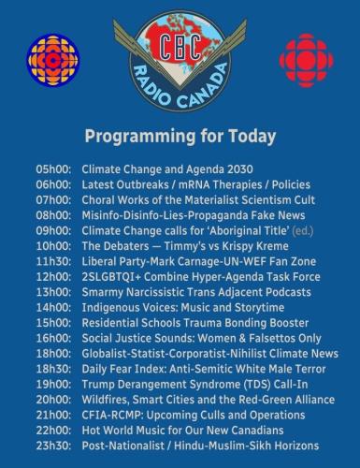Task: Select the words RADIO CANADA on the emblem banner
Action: coord(180,91)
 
